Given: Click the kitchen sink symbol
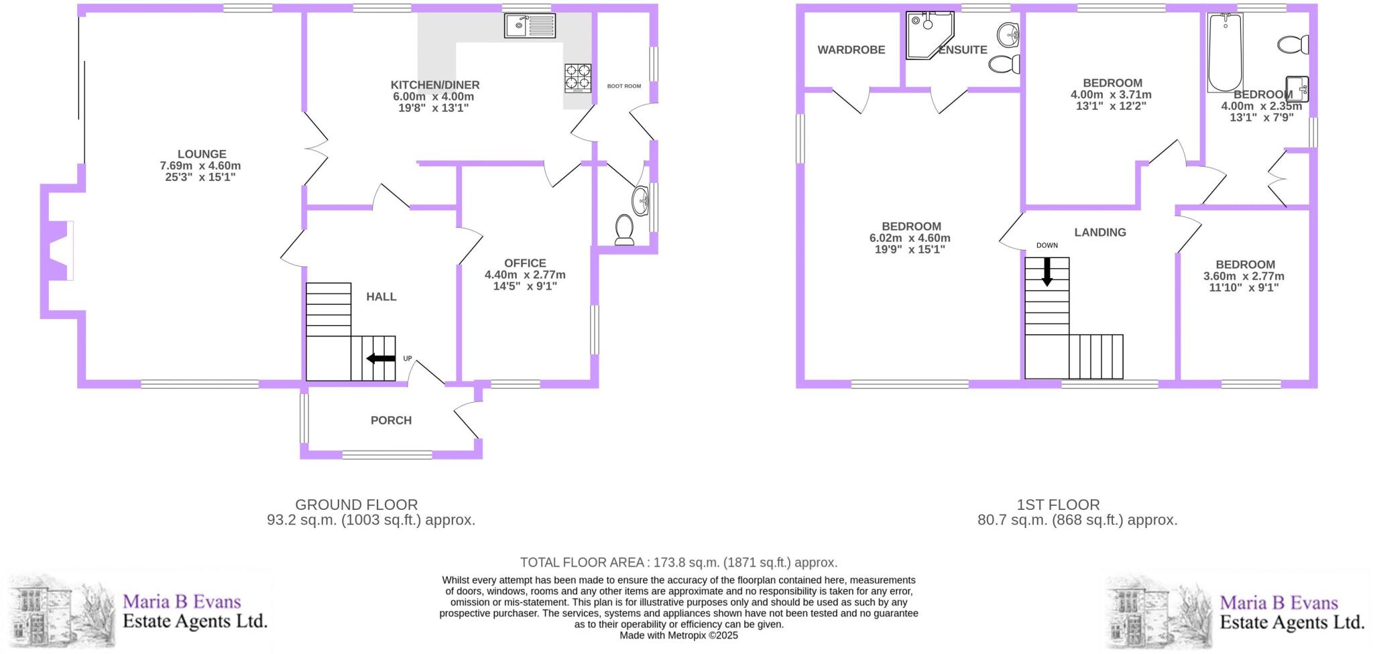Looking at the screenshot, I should coord(530,26).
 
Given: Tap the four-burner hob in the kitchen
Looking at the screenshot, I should coord(578,77).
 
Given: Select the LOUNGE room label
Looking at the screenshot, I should coord(202,154).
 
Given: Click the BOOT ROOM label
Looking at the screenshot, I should coord(624,86).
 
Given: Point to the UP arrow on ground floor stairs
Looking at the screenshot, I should coord(381,358).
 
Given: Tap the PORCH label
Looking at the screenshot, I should coord(391,420).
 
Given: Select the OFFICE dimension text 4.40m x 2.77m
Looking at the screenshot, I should coord(525,275).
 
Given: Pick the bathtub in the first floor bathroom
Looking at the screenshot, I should coord(1225,52).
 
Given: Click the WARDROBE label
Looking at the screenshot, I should coord(851,50).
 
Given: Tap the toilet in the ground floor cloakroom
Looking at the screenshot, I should coord(625,230).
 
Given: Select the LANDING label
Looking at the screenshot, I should coord(1100,233).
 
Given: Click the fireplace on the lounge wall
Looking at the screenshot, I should coord(59,251).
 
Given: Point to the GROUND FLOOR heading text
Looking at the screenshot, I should coord(357,505).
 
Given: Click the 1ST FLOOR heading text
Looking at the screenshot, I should coord(1058,505).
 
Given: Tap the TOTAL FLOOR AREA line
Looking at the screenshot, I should coord(678,563).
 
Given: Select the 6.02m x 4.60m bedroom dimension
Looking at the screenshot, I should coord(910,238).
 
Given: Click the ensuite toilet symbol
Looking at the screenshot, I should coord(1004,64).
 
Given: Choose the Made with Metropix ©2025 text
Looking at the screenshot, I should coord(678,635).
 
